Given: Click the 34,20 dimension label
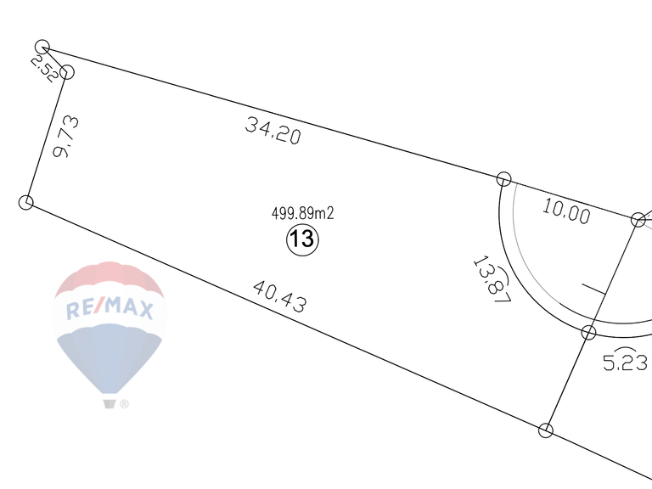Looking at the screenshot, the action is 273,131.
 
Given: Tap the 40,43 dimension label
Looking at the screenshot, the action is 280,296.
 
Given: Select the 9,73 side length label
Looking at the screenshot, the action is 65,137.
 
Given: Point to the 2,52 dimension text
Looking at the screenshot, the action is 44,69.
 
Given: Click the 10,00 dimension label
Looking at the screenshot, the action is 566,211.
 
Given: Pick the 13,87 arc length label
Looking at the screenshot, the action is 492,279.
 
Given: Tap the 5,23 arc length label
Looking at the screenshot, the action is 625,360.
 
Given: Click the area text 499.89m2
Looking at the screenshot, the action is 303,213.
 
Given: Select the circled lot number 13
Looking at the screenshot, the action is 302,239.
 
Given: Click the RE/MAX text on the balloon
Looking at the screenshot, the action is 110,308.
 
